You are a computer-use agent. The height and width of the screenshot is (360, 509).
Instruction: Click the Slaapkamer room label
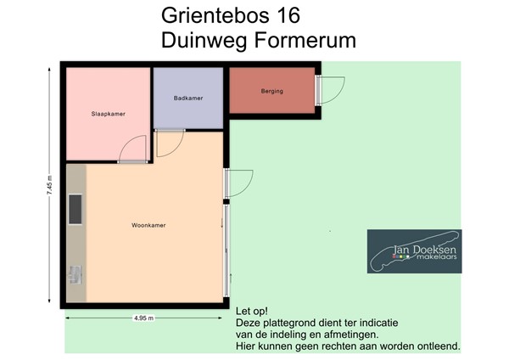click(108, 113)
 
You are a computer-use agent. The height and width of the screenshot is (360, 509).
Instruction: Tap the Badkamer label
click(187, 98)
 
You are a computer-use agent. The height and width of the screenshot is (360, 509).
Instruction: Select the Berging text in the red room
click(271, 91)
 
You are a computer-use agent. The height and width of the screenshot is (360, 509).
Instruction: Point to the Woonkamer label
click(148, 226)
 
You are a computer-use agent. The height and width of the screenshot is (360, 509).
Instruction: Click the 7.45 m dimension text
click(49, 188)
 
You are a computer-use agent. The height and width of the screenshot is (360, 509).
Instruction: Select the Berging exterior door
click(331, 89)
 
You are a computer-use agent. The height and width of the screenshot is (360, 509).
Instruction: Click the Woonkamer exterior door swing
click(240, 183)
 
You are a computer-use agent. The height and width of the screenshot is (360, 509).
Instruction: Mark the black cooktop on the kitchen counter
click(75, 208)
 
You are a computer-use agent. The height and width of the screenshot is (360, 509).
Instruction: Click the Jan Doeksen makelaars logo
click(414, 251)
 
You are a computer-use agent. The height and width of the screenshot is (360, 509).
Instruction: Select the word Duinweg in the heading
click(198, 40)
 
